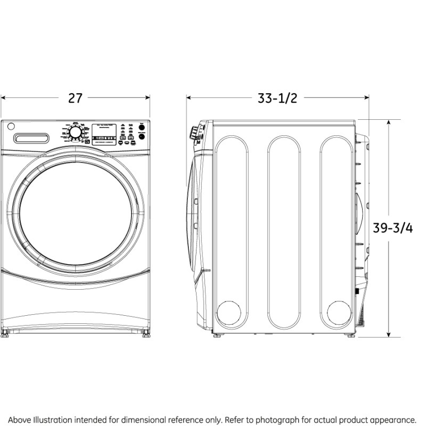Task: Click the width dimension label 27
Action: tap(75, 98)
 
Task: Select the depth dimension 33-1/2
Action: tap(277, 98)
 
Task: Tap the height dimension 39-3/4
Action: tap(392, 227)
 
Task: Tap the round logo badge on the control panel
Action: tap(11, 127)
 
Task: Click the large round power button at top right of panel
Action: tap(142, 136)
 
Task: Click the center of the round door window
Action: tap(75, 212)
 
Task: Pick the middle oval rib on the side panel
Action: tap(284, 232)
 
